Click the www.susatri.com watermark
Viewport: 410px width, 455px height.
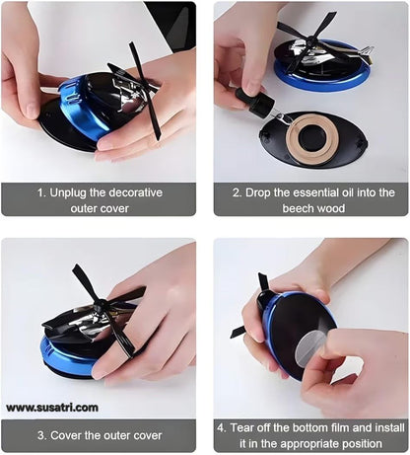click(51, 407)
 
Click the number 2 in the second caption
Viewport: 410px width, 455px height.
click(236, 192)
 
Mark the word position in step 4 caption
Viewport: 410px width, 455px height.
click(354, 442)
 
